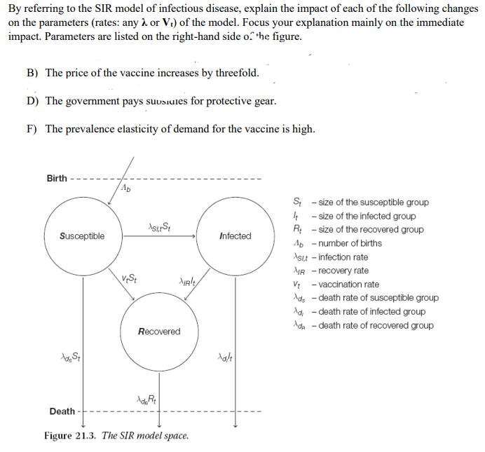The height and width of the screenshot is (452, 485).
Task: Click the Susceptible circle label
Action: tap(82, 236)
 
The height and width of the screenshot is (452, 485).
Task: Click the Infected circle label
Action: tap(235, 236)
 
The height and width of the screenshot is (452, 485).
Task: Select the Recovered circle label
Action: tap(159, 331)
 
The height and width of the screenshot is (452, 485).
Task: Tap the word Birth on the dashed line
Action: tap(57, 178)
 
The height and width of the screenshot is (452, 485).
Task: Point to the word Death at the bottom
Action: tap(62, 411)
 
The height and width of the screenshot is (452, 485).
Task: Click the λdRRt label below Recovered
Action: tap(146, 399)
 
